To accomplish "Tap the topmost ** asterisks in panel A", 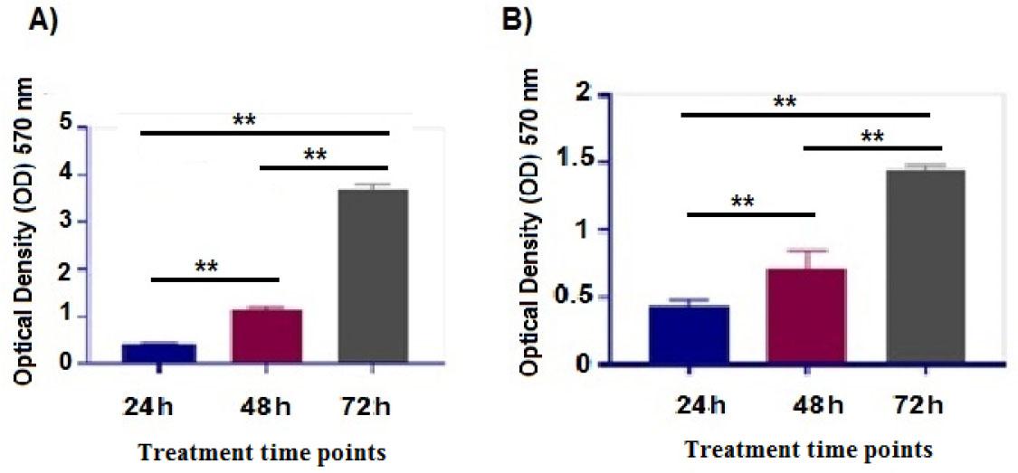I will [243, 119].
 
